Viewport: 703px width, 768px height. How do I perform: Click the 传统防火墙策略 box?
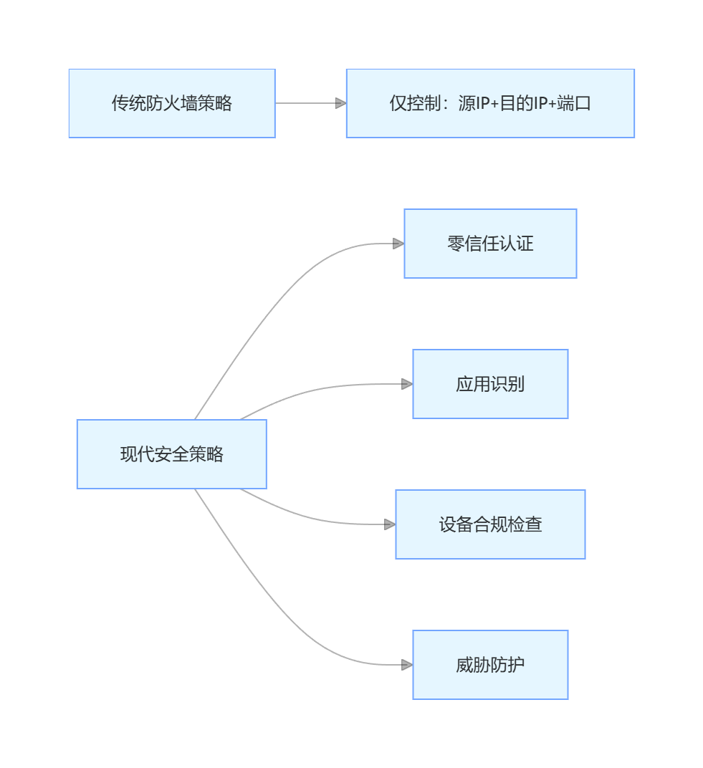pos(172,103)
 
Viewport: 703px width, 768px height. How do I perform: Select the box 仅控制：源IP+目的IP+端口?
pos(490,103)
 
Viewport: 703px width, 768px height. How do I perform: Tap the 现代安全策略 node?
pos(172,454)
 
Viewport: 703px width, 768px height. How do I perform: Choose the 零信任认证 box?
pos(490,244)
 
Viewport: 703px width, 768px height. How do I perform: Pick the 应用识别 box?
pos(490,384)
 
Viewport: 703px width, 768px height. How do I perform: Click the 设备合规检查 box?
pos(490,524)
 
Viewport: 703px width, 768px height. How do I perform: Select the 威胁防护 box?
pos(490,665)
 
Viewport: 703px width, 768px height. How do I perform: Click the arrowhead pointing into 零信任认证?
pos(398,244)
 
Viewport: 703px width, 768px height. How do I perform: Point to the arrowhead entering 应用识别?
pos(407,384)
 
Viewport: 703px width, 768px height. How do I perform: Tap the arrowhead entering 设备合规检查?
pos(390,524)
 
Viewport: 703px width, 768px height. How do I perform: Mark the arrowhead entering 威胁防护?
pos(407,665)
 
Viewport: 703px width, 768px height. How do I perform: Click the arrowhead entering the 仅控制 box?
pos(340,103)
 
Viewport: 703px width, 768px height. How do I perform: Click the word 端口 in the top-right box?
pos(574,103)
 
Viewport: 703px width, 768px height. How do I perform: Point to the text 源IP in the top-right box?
pos(475,103)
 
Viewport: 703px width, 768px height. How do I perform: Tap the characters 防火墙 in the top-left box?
pos(172,103)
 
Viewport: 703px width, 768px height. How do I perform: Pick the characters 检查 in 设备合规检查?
pos(525,524)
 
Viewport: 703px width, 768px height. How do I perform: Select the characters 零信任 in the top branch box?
pos(473,244)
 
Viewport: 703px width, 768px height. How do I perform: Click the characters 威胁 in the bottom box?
pos(473,665)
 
